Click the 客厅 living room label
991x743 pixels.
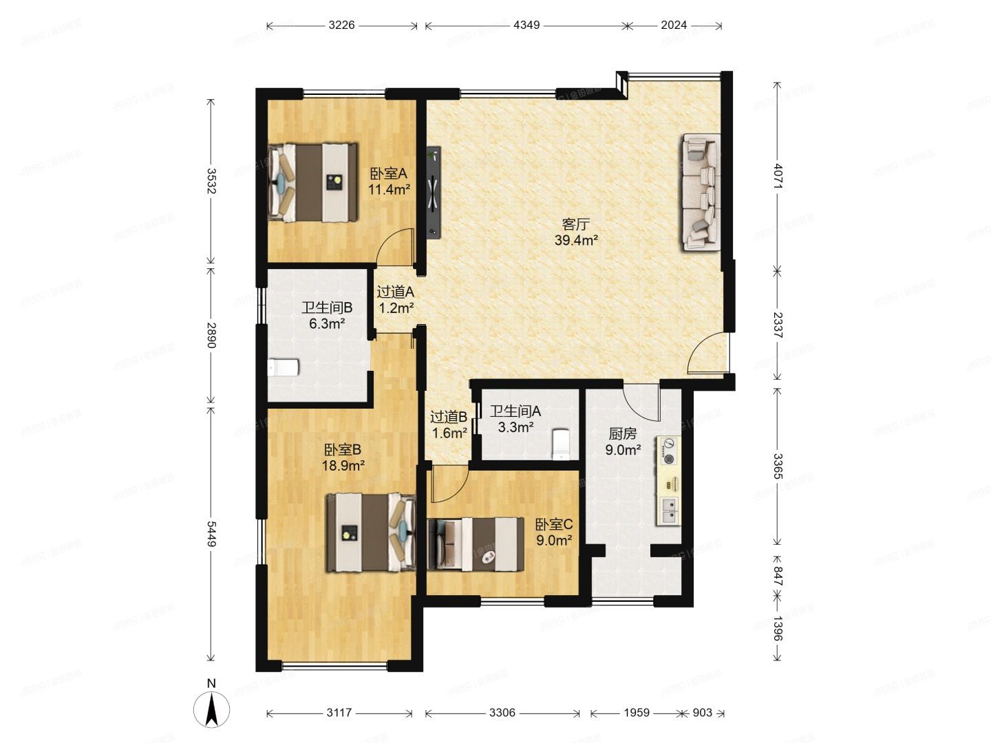click(575, 224)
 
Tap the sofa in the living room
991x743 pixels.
click(701, 192)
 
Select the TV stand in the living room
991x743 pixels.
click(434, 191)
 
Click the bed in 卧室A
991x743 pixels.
click(313, 182)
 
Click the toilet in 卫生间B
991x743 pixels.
click(283, 367)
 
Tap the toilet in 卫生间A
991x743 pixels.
click(561, 444)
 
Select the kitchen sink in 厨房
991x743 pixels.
click(669, 510)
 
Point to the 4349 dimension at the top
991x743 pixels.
click(526, 25)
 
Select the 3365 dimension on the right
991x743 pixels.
click(778, 466)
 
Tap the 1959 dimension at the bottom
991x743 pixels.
click(637, 712)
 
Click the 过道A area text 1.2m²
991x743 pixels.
click(396, 308)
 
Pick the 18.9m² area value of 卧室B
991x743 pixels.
click(343, 465)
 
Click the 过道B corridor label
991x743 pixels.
click(448, 417)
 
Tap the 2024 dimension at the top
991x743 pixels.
click(674, 25)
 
